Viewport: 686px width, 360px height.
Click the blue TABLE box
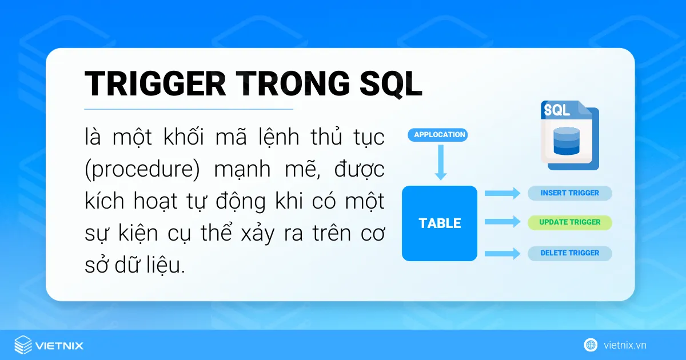440,223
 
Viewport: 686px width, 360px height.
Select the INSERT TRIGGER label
569,193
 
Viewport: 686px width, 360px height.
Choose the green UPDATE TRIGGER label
569,222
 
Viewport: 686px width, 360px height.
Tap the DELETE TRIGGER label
569,253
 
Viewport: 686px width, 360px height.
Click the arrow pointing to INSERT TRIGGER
502,193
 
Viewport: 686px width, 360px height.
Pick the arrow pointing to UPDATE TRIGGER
502,222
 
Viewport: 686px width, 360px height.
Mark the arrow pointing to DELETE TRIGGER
502,253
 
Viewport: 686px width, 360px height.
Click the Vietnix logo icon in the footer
23,345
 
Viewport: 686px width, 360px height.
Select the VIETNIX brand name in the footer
59,346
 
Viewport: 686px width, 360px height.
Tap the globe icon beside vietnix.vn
591,345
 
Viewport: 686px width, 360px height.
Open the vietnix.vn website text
625,345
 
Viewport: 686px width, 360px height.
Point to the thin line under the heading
189,109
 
